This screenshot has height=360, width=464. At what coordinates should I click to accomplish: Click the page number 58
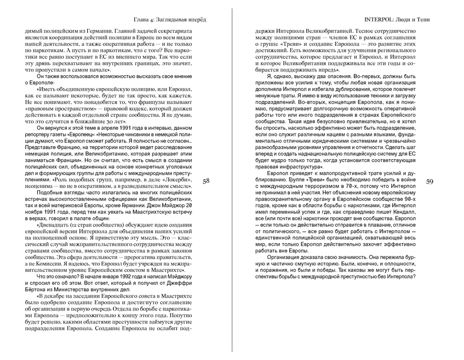207,181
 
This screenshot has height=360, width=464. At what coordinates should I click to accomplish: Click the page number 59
432,181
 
